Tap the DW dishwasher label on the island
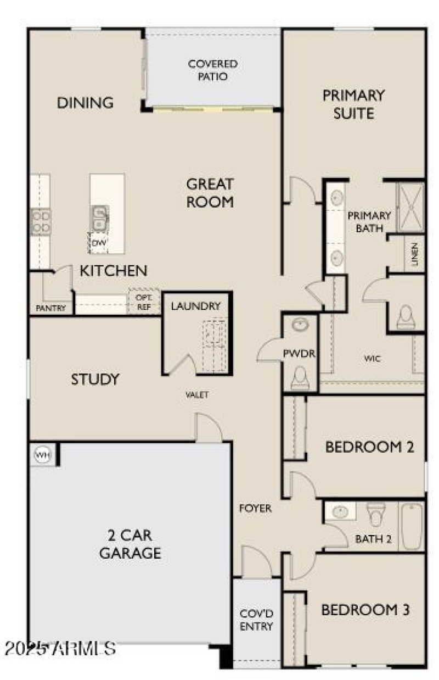point(98,242)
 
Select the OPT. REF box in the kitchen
point(144,302)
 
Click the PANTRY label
point(50,308)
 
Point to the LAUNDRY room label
point(195,306)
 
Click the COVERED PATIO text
point(213,70)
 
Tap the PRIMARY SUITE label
point(353,104)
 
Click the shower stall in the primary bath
point(410,206)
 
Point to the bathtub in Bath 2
point(412,526)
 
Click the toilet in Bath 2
point(376,514)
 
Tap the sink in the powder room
point(300,325)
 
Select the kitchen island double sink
point(100,218)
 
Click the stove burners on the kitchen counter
point(41,221)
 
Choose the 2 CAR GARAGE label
point(130,544)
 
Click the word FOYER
point(255,509)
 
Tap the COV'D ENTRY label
point(257,620)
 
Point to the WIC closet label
point(372,359)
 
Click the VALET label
point(196,394)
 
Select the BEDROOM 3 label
point(365,610)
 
